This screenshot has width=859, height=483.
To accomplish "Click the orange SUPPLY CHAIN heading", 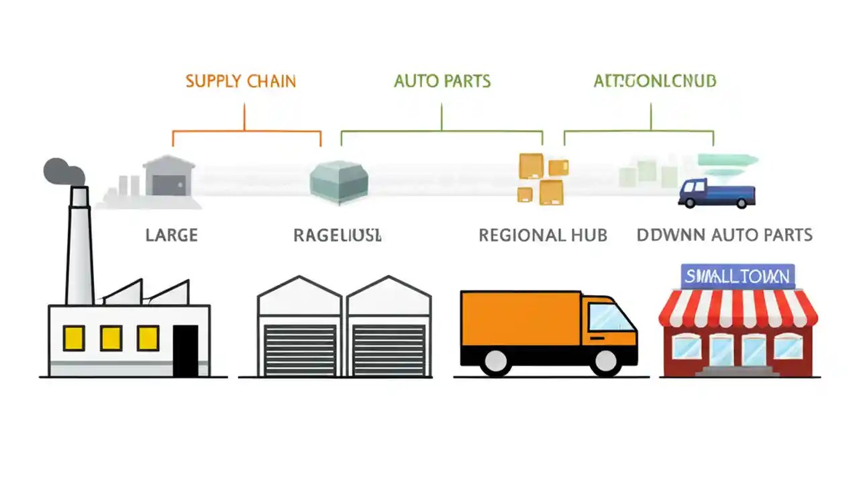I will click(x=240, y=81).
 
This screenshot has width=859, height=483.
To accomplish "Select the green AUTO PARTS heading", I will click(x=442, y=81).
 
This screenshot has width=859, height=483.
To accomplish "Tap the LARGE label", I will click(x=171, y=235).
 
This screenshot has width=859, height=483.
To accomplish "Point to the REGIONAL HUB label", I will click(x=542, y=235).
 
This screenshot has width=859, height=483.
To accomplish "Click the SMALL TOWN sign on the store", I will click(x=738, y=276).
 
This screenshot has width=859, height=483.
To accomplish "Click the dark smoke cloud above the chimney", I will click(x=62, y=172).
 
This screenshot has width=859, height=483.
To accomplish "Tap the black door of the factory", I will click(x=186, y=350).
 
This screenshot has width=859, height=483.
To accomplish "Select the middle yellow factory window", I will click(x=111, y=337).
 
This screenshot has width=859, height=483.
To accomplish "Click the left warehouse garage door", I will click(x=300, y=350).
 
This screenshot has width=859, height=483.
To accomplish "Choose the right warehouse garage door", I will click(x=389, y=350).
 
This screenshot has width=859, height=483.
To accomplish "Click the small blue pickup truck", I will click(x=716, y=193).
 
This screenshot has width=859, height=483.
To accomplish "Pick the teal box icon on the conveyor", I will click(x=338, y=180).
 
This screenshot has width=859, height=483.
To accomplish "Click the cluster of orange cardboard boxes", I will click(x=542, y=178).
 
